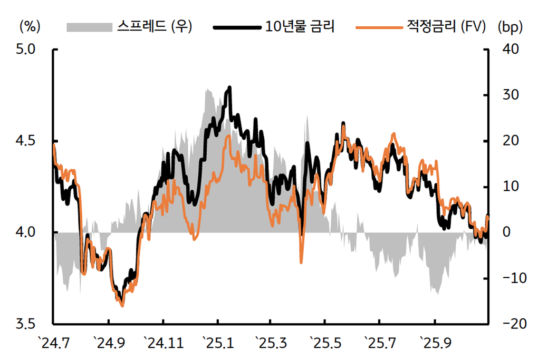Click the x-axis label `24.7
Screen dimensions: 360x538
point(54,344)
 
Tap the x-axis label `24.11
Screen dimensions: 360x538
point(164,344)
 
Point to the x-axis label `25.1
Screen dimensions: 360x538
point(218,344)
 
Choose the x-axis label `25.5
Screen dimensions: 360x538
point(325,344)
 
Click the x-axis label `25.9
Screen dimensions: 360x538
point(435,344)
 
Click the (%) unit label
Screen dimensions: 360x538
point(29,26)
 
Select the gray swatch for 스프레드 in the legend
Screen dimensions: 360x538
point(89,26)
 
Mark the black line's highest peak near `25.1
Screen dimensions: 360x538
point(229,87)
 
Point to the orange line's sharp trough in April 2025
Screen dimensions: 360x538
point(301,262)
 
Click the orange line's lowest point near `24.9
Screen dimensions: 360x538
point(122,305)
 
